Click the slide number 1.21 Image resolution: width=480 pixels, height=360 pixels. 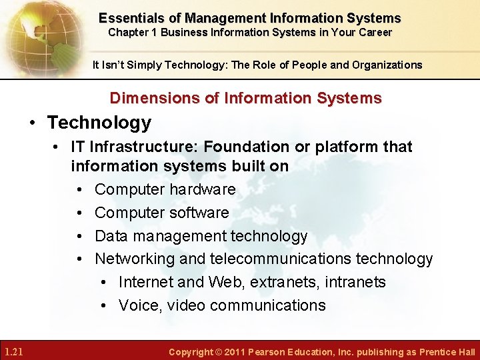pos(13,351)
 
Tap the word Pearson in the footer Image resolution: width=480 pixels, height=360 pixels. pos(267,352)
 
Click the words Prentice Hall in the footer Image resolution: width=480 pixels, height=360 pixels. pos(447,352)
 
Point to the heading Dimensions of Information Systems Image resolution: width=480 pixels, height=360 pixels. pos(245,98)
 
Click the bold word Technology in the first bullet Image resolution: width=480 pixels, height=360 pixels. pos(99,123)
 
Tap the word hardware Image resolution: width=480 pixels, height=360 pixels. pos(202,189)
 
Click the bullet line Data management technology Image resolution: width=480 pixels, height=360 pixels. pos(201,236)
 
